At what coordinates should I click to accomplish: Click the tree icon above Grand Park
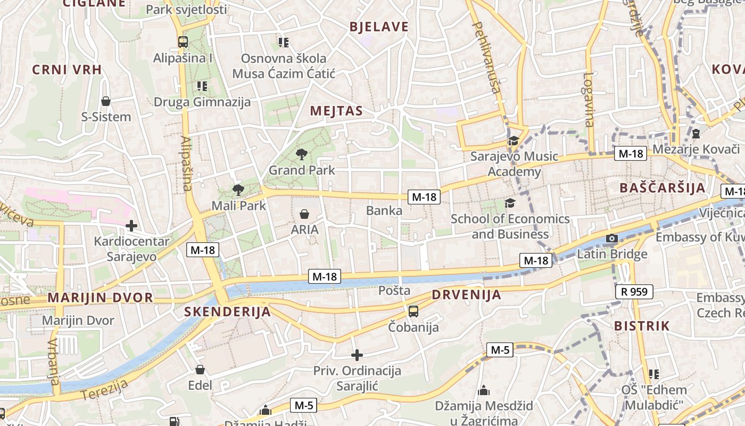[x=302, y=154]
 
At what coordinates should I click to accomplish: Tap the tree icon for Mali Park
[x=238, y=190]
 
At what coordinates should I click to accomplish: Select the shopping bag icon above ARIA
[x=304, y=214]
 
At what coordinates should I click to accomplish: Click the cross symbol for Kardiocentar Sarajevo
[x=131, y=226]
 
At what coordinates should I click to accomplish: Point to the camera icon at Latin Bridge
[x=612, y=238]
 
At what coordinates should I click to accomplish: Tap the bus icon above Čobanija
[x=413, y=312]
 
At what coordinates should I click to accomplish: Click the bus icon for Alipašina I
[x=183, y=42]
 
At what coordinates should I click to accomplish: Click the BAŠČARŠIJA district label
[x=663, y=187]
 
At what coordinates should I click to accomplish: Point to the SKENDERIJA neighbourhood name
[x=228, y=312]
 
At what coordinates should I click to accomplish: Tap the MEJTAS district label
[x=336, y=111]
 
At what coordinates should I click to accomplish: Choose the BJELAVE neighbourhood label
[x=379, y=27]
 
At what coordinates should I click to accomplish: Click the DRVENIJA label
[x=466, y=294]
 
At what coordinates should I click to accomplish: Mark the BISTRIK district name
[x=642, y=326]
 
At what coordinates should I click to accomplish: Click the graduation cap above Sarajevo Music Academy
[x=513, y=141]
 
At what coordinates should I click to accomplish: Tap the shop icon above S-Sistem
[x=106, y=101]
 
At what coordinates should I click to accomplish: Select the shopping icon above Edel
[x=200, y=370]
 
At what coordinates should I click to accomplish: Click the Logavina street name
[x=588, y=100]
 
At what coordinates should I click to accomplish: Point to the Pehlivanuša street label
[x=487, y=58]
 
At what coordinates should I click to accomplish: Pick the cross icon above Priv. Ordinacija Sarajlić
[x=357, y=355]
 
